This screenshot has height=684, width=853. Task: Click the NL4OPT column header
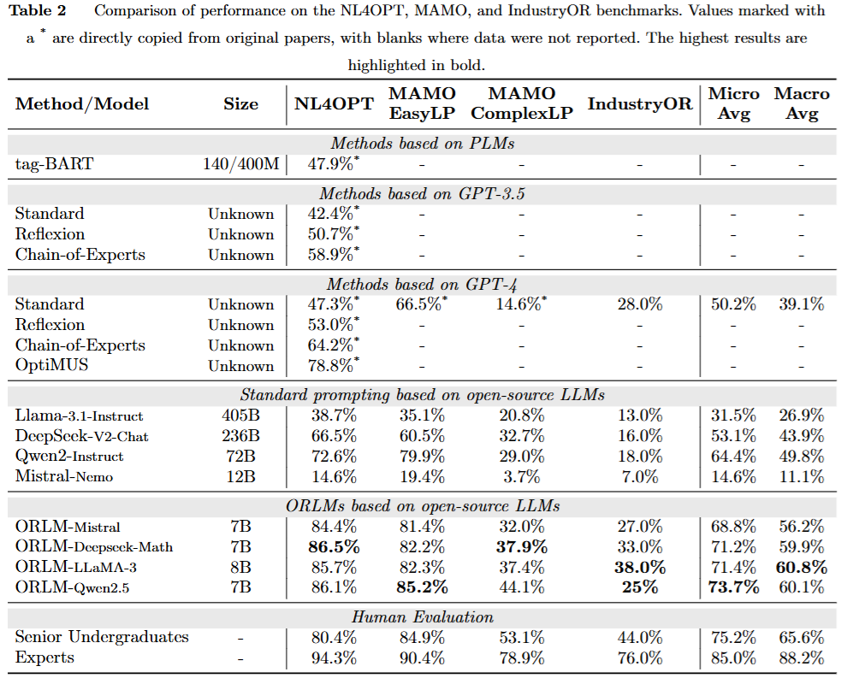pos(334,103)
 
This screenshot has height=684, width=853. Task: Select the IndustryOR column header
pos(640,103)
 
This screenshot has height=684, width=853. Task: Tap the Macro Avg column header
pos(802,103)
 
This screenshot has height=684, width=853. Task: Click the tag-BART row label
pos(55,163)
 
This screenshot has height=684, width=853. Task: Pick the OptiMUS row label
pos(51,365)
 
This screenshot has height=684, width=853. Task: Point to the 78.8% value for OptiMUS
pos(334,365)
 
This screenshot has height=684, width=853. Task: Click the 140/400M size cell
pos(241,163)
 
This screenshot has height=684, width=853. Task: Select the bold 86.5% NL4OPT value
pos(334,546)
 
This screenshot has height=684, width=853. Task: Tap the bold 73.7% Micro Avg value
pos(733,587)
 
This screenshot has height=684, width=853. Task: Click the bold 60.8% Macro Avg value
pos(802,567)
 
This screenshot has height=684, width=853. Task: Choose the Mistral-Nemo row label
pos(64,476)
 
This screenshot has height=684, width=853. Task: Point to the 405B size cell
pos(241,416)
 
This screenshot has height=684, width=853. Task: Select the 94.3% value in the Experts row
pos(334,657)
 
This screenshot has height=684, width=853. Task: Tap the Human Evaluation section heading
pos(422,617)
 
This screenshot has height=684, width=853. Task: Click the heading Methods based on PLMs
pos(422,143)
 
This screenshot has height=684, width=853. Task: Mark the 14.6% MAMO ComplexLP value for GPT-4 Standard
pos(521,304)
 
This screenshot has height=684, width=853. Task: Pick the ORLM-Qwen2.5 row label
pos(73,587)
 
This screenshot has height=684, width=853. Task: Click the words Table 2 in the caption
pos(38,10)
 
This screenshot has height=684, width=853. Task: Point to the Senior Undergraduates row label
pos(102,637)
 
